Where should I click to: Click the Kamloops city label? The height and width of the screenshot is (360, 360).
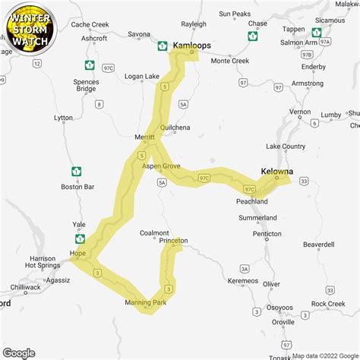(x=192, y=46)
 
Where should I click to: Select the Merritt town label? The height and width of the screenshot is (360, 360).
(x=144, y=137)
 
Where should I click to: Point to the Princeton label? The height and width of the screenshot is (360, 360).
(x=173, y=241)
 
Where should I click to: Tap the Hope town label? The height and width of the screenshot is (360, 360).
(x=77, y=253)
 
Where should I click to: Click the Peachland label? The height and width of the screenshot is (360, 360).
(x=252, y=202)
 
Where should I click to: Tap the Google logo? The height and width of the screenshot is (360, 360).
(x=18, y=352)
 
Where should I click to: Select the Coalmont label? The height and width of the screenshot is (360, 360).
(x=155, y=233)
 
